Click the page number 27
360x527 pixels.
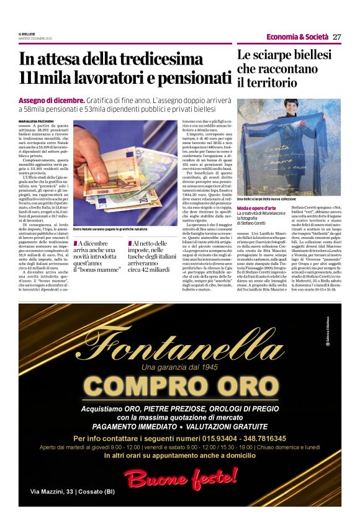coord(336,37)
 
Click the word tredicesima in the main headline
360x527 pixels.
coord(149,60)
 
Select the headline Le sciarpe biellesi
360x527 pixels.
coord(284,55)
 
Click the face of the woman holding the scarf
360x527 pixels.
coord(291,107)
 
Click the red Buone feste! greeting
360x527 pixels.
coord(180,477)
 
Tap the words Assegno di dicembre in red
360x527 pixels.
coord(51,100)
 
